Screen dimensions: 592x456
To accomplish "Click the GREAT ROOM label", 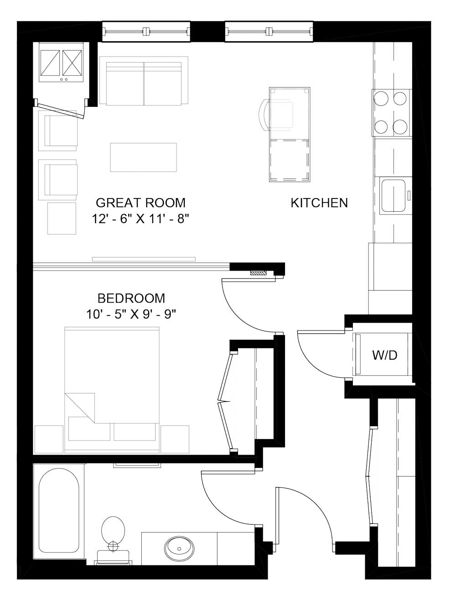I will click(140, 202).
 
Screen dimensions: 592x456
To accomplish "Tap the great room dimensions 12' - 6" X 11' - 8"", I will click(140, 219).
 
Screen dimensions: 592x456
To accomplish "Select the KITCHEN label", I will click(319, 203).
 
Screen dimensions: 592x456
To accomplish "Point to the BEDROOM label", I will click(131, 299).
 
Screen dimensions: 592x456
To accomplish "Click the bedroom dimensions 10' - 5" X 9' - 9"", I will click(131, 314).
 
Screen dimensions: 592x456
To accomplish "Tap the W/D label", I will click(384, 355).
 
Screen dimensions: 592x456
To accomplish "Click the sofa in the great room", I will click(144, 81).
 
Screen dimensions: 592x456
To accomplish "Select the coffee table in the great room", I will click(143, 157).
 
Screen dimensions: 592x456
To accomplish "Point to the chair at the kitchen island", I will click(276, 115).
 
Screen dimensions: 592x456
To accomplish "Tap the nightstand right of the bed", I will click(175, 439).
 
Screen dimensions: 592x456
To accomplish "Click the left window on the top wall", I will click(146, 31).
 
